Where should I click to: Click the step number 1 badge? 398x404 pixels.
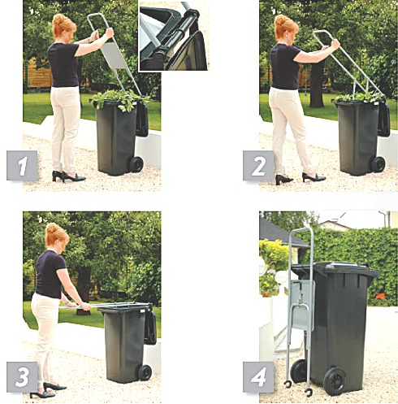[x=22, y=165]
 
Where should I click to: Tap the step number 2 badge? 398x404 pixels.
[x=258, y=165]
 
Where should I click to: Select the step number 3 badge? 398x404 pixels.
[x=22, y=377]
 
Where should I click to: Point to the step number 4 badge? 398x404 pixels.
[x=258, y=377]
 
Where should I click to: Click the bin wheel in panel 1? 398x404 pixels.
[x=136, y=164]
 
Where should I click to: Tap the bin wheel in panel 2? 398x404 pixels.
[x=379, y=164]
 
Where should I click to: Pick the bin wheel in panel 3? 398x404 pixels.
[x=145, y=372]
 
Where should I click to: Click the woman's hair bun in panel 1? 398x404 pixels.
[x=59, y=19]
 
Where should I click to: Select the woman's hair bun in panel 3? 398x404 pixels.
[x=52, y=228]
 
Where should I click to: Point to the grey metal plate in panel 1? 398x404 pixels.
[x=115, y=55]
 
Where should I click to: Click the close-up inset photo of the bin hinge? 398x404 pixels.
[x=174, y=36]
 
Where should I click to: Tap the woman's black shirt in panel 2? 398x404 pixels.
[x=285, y=67]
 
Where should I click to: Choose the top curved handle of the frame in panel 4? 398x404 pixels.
[x=302, y=229]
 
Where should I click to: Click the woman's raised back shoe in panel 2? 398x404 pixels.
[x=283, y=180]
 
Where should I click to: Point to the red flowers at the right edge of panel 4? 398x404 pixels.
[x=381, y=296]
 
